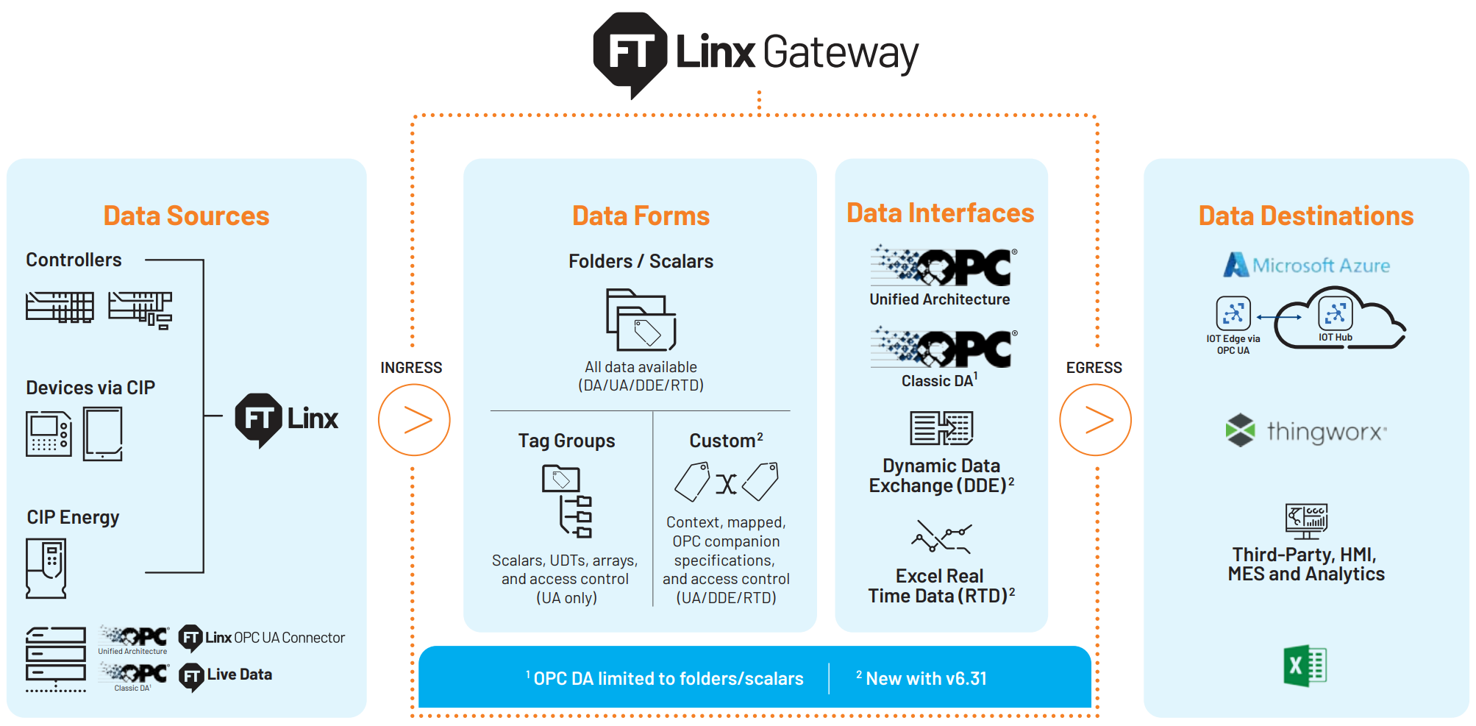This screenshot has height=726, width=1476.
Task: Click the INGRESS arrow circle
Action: click(414, 420)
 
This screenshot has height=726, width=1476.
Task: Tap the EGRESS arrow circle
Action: click(1095, 420)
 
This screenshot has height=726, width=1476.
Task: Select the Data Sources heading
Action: click(186, 216)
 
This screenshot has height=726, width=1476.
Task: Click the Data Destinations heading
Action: click(1305, 216)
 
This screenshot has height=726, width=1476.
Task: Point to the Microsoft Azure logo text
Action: click(1320, 266)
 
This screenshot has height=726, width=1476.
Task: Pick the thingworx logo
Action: click(1306, 430)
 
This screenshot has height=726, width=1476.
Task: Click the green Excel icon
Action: click(1305, 666)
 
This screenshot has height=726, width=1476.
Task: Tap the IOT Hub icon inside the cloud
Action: click(1335, 313)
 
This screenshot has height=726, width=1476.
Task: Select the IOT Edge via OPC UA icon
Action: click(1233, 313)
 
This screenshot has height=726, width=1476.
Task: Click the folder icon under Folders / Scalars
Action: click(641, 320)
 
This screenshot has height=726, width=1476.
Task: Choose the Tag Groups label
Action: click(566, 441)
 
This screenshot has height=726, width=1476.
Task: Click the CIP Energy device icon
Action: click(46, 567)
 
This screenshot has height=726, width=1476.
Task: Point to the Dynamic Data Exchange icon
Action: click(941, 428)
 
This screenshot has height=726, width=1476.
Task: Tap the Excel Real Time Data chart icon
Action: click(941, 537)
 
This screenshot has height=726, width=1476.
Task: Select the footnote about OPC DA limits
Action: click(666, 678)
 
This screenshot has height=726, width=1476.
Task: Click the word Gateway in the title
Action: click(841, 52)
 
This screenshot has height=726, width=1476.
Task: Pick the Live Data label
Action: click(239, 675)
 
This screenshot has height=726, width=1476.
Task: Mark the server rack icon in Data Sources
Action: click(56, 658)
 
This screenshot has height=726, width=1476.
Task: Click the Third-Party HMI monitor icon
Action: click(1306, 521)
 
